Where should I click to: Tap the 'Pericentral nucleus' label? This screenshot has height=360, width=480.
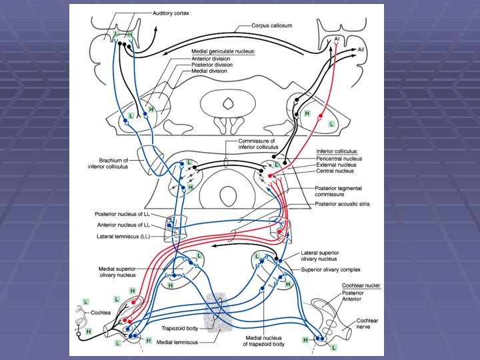[x=340, y=159]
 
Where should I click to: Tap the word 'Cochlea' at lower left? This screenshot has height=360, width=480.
[x=101, y=311]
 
